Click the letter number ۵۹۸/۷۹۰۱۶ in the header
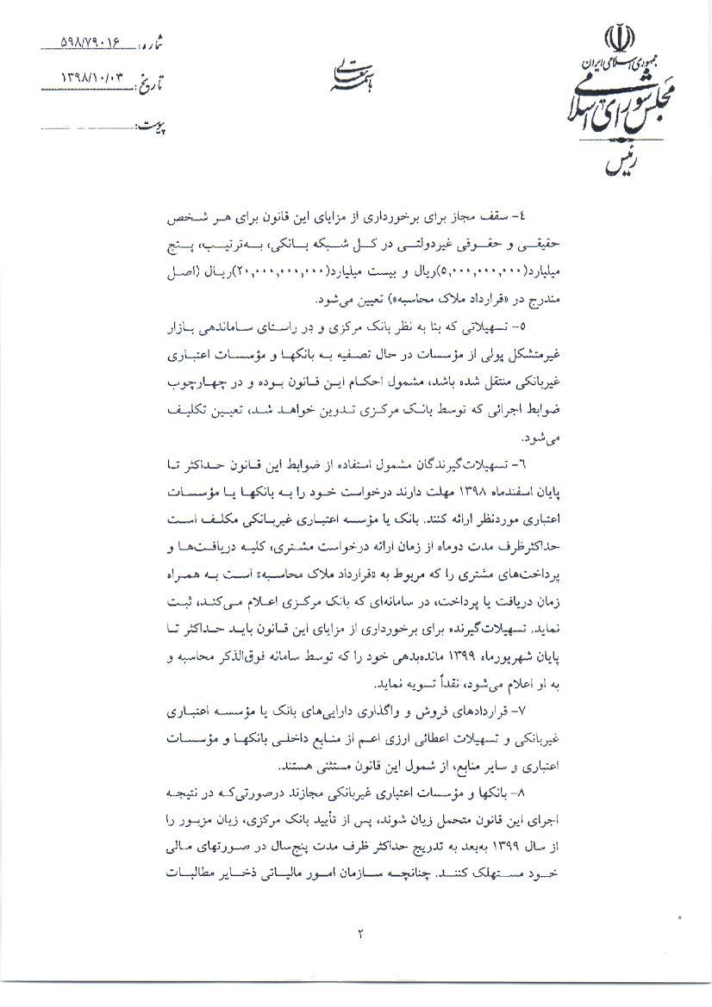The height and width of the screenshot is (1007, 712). [97, 41]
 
